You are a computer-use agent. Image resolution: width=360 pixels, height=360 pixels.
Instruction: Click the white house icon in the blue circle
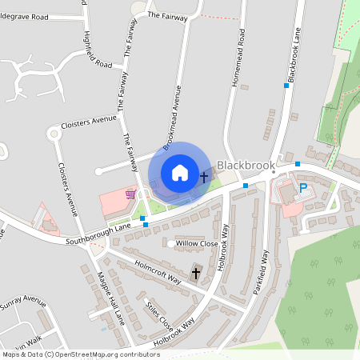coord(179,172)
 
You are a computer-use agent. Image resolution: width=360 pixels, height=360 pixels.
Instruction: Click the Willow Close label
coord(197,243)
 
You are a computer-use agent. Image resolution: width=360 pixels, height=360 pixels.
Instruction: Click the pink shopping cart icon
coord(130,194)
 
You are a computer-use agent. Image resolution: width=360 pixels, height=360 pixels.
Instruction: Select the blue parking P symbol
coord(303,188)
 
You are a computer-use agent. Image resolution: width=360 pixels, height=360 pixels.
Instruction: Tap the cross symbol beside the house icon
coord(204,176)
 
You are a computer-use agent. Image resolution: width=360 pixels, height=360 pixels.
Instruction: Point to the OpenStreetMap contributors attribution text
coord(80,354)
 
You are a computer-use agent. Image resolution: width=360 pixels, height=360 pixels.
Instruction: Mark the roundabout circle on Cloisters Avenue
coord(54,134)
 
